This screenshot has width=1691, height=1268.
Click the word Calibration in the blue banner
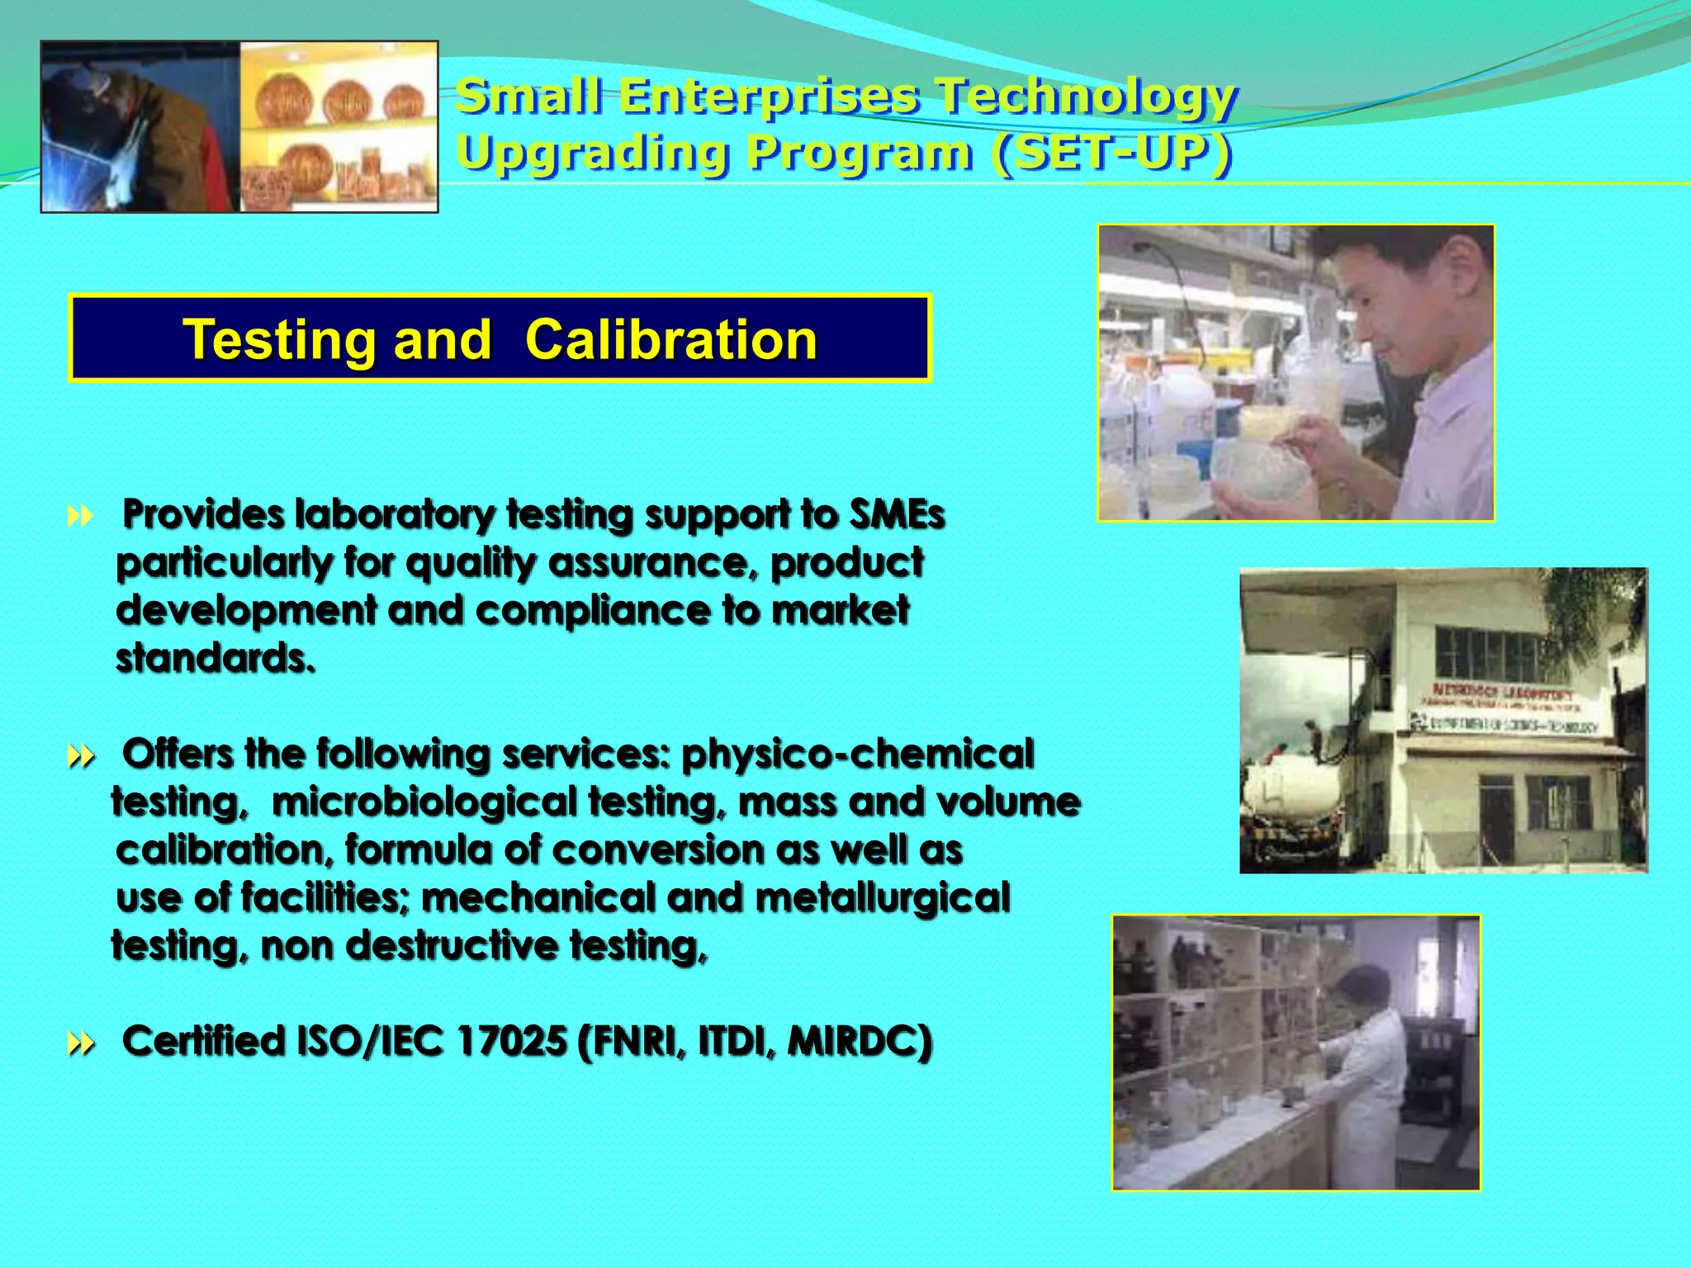click(670, 340)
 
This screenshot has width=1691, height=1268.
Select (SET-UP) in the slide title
click(1112, 153)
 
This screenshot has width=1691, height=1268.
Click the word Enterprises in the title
click(769, 96)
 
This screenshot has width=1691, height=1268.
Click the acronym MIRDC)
click(860, 1041)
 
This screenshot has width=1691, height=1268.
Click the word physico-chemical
click(857, 754)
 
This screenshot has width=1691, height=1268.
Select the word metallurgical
click(883, 897)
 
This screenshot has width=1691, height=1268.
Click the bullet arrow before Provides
click(80, 518)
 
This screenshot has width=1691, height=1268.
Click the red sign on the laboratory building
click(1503, 693)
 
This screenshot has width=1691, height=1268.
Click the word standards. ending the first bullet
click(216, 658)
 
